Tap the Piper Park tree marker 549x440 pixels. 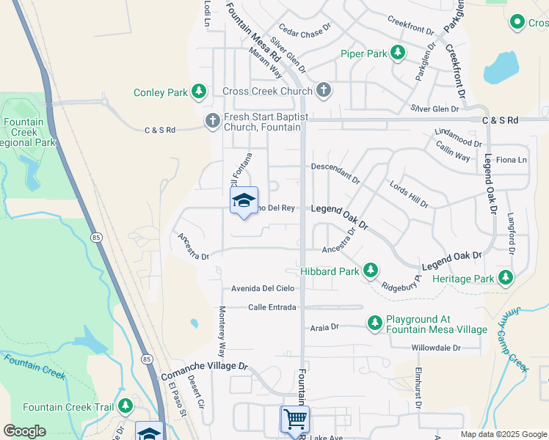point(397,53)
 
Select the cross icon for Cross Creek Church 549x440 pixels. point(324,92)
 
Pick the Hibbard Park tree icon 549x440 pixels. point(371,271)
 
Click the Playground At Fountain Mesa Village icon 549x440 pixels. point(375,323)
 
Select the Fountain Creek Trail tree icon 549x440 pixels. point(125,406)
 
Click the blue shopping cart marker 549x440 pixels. point(295,419)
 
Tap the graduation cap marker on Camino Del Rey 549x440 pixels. point(244,201)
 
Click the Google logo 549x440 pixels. point(24,431)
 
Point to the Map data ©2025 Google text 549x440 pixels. point(503,434)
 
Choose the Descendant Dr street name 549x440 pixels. point(335,173)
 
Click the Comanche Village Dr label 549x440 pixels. point(205,365)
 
